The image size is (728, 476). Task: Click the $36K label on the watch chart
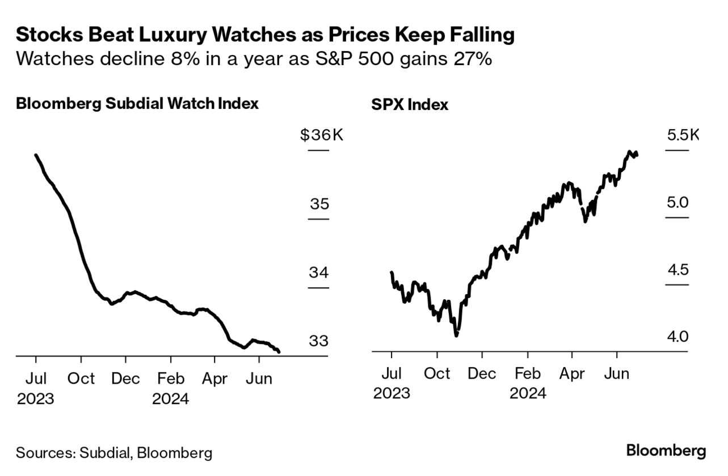(322, 135)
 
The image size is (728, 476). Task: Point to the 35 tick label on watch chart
(319, 203)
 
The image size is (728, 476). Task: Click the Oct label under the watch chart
(81, 378)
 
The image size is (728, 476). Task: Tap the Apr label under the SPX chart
(573, 373)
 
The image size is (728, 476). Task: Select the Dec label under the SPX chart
(482, 373)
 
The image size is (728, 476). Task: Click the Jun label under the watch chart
(259, 378)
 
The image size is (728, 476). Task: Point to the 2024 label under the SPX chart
(528, 393)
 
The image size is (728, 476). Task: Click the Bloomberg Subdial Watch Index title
(137, 104)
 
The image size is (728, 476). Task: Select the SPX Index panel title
(410, 105)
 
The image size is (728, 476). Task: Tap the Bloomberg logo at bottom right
(666, 451)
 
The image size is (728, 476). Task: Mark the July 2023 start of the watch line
(36, 155)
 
